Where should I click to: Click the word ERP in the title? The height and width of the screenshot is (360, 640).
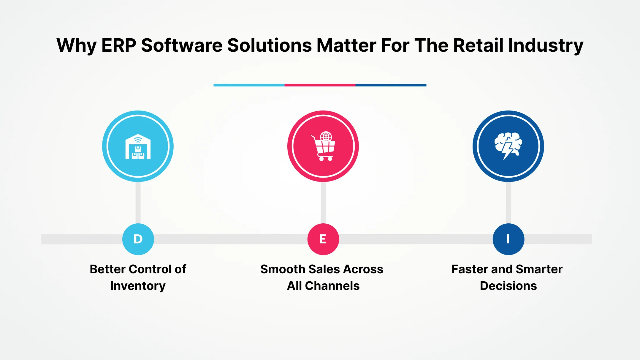pyautogui.click(x=118, y=45)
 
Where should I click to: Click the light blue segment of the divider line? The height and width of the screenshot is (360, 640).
pyautogui.click(x=249, y=85)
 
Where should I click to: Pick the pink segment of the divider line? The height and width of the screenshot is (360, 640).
pyautogui.click(x=320, y=85)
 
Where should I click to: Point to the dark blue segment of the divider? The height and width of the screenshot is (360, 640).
pyautogui.click(x=391, y=85)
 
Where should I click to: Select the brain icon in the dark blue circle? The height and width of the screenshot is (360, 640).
pyautogui.click(x=508, y=146)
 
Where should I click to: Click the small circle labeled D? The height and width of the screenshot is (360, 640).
pyautogui.click(x=138, y=239)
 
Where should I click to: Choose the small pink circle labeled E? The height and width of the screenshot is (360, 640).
pyautogui.click(x=323, y=239)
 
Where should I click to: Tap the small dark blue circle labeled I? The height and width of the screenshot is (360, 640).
pyautogui.click(x=508, y=239)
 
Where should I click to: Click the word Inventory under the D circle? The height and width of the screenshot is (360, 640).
pyautogui.click(x=138, y=286)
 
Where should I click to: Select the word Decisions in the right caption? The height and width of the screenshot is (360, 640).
pyautogui.click(x=508, y=286)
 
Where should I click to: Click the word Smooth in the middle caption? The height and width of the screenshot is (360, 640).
pyautogui.click(x=283, y=269)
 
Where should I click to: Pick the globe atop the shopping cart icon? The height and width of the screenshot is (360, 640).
pyautogui.click(x=326, y=136)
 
